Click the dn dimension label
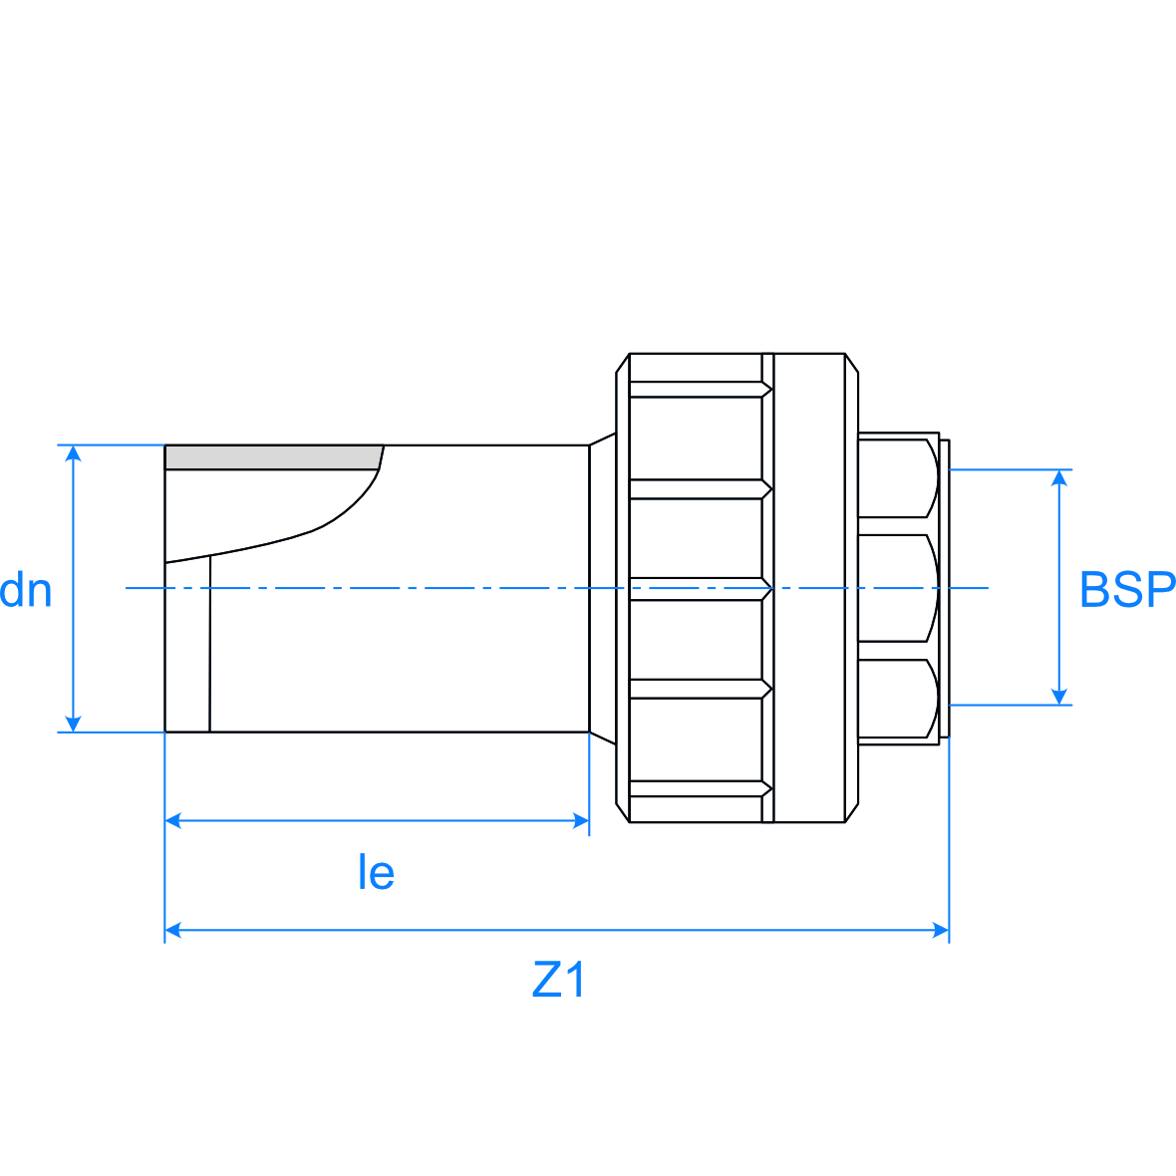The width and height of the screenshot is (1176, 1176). point(26,590)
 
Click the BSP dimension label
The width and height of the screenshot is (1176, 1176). point(1126,590)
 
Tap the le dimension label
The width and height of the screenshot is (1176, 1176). point(376,873)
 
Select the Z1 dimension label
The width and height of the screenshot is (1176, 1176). point(559,981)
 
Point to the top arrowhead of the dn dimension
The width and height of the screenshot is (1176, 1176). point(72,453)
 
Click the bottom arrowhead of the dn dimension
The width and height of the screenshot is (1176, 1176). point(72,723)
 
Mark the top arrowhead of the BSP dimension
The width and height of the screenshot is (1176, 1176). point(1060,478)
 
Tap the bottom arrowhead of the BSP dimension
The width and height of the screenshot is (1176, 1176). point(1060,696)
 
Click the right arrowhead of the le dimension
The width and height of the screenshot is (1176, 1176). point(580,821)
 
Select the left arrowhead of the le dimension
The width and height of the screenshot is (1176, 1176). point(173,821)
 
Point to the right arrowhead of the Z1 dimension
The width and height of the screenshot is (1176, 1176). point(940,930)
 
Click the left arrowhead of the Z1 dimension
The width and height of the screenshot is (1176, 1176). point(173,930)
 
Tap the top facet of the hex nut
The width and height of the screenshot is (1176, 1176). point(897,477)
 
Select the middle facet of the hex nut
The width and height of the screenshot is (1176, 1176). point(897,588)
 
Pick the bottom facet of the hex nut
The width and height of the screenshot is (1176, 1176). point(897,700)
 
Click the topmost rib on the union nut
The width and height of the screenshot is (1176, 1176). point(698,390)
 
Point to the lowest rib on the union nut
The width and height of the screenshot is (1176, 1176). point(698,789)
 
